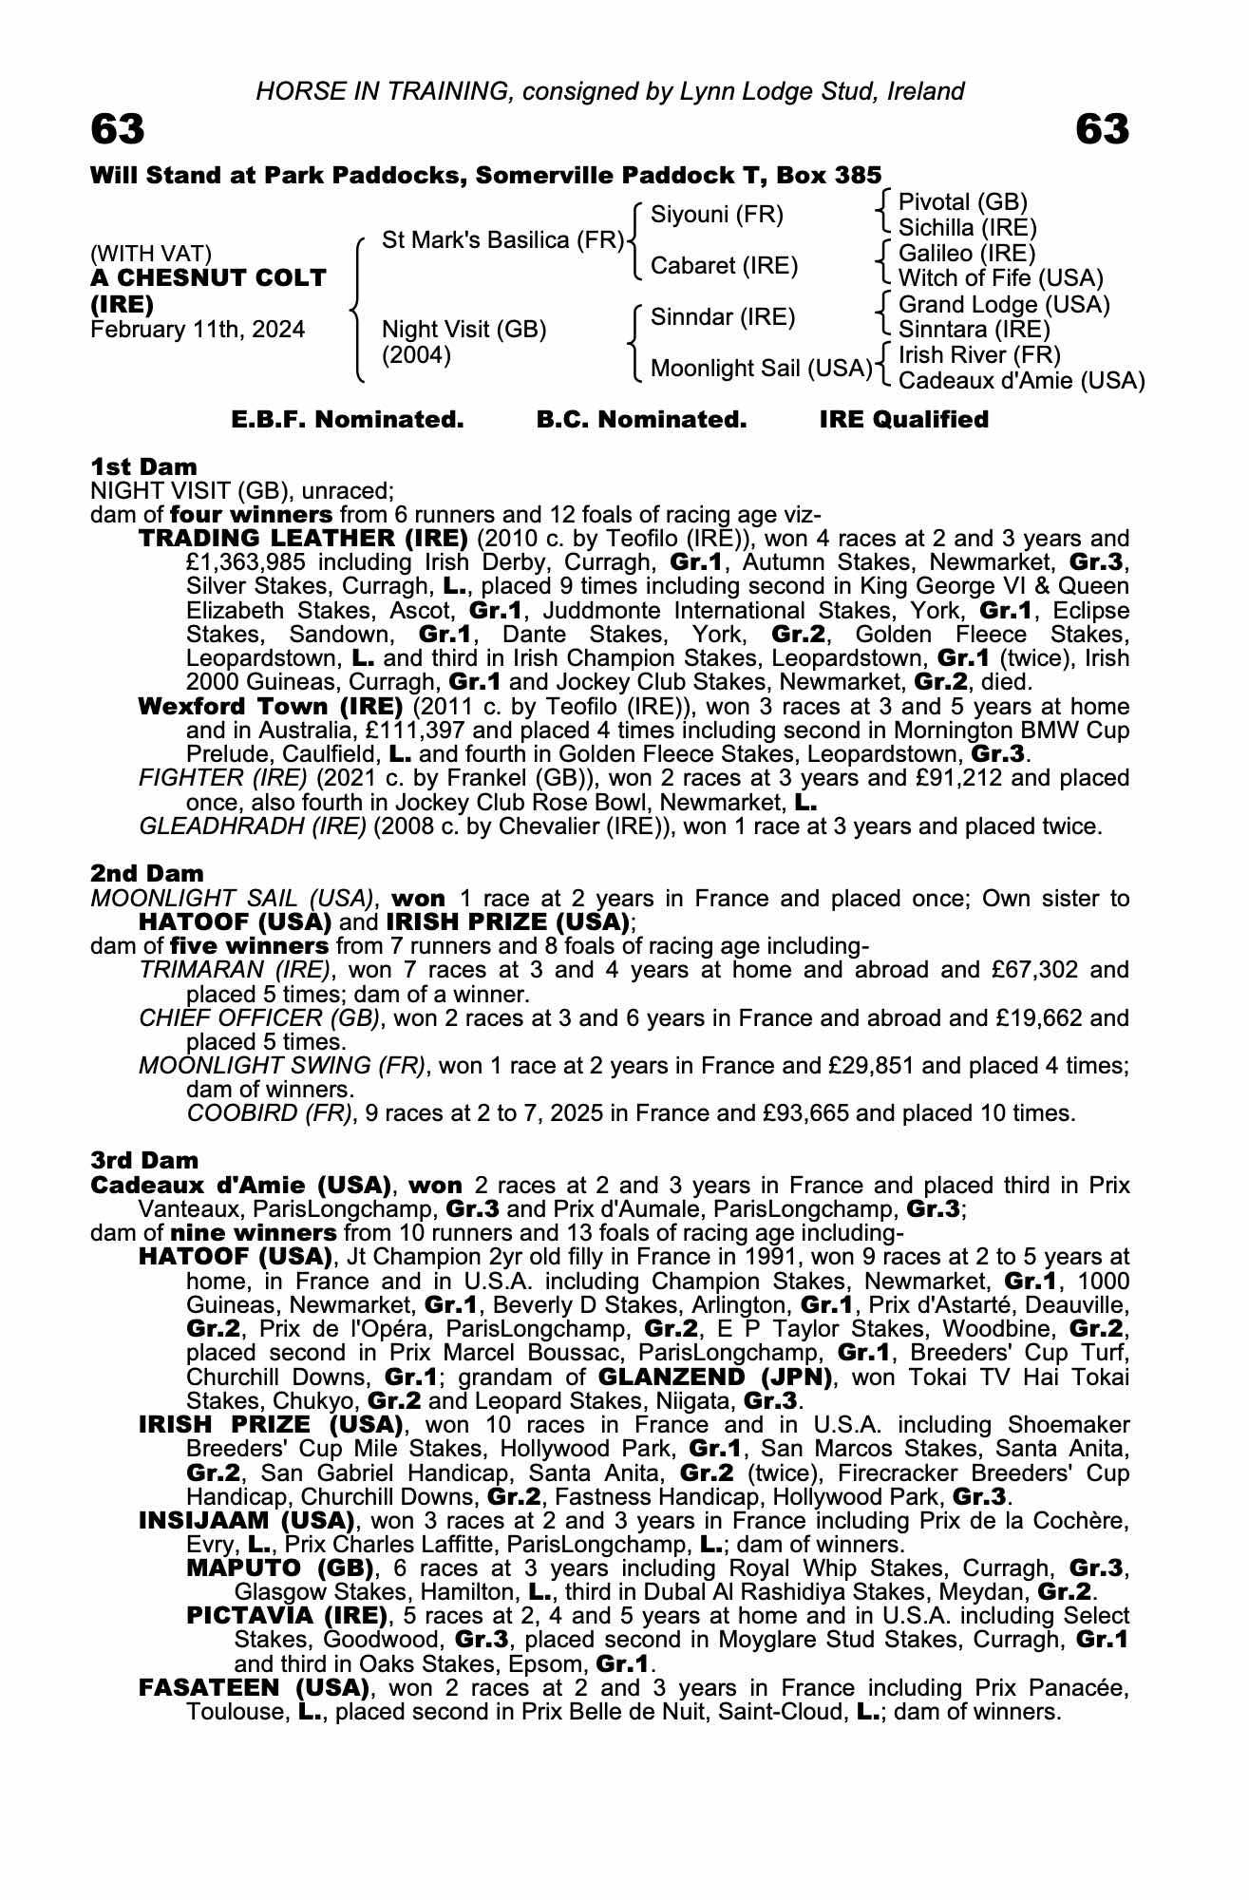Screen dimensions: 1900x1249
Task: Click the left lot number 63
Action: click(118, 130)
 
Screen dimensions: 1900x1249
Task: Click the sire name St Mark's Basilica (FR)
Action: click(502, 240)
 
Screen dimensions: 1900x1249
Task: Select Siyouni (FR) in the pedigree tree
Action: click(717, 215)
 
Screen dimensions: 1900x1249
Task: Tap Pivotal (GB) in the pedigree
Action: click(962, 201)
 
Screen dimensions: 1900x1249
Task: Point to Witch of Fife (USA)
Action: click(1000, 278)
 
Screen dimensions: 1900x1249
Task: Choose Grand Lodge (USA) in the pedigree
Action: click(1004, 304)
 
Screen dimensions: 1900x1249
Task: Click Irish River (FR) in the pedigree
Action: click(979, 355)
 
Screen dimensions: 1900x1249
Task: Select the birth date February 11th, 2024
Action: click(198, 330)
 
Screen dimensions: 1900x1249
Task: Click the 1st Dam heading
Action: click(144, 466)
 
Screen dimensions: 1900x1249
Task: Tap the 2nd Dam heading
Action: click(147, 873)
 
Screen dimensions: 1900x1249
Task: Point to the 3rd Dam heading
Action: click(145, 1160)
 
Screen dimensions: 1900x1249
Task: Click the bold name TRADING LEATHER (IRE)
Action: click(303, 539)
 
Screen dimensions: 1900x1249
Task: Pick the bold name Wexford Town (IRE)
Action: click(271, 707)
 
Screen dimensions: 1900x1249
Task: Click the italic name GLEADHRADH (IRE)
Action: click(253, 826)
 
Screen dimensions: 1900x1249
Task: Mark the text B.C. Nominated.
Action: click(641, 420)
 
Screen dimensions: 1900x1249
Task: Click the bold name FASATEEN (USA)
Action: click(254, 1687)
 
